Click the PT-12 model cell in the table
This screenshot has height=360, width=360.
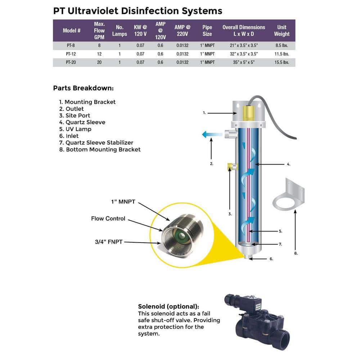point(72,54)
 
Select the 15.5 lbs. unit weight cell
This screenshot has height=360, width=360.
point(282,62)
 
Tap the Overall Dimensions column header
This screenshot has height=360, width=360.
point(244,31)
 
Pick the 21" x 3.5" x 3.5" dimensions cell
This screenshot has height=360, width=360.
point(244,45)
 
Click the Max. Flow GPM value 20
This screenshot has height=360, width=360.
point(99,62)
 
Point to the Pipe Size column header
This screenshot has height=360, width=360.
point(207,31)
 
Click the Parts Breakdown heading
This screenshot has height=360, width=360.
point(84,88)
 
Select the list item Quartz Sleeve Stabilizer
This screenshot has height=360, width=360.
point(99,143)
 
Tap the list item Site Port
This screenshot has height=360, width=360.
point(78,116)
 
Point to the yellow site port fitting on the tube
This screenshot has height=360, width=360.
point(230,167)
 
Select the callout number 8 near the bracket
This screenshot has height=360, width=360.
point(296,253)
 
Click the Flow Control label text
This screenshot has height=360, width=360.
point(108,219)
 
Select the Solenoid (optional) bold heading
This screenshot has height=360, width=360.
point(168,307)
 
